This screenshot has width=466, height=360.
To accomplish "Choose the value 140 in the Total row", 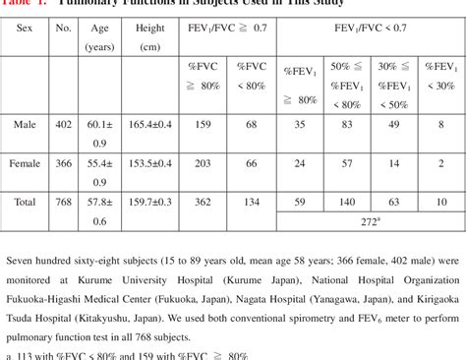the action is [x=346, y=202].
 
